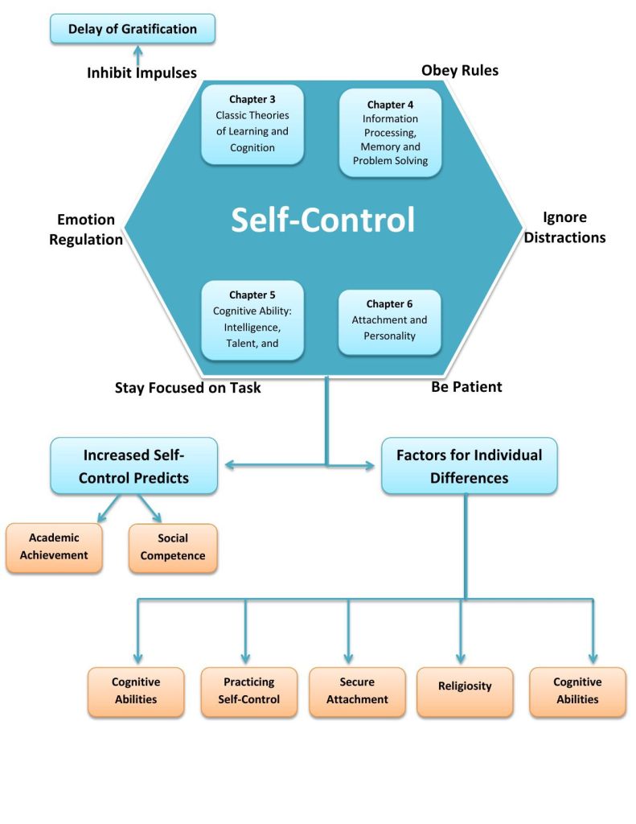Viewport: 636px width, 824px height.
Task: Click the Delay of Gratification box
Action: (x=133, y=29)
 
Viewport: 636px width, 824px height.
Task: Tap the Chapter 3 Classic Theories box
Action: (x=252, y=125)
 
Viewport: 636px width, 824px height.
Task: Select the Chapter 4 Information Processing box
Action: (x=390, y=133)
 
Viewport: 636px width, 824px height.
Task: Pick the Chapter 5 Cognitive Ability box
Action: (x=252, y=320)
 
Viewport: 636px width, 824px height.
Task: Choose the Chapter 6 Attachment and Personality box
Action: (x=390, y=322)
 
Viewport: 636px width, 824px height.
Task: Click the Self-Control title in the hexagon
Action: (x=323, y=219)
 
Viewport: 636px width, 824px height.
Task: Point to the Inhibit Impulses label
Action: (x=142, y=72)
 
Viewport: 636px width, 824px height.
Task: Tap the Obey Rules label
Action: (x=460, y=71)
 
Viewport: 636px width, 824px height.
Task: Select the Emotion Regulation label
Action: (x=86, y=229)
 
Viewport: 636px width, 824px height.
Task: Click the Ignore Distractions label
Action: (x=564, y=227)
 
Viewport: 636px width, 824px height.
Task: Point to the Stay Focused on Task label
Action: (x=188, y=388)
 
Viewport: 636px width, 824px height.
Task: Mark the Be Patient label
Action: (x=466, y=387)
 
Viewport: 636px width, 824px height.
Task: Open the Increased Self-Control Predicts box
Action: (x=134, y=466)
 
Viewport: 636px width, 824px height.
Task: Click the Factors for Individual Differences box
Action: (x=469, y=466)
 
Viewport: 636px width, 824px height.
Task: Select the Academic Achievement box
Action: (x=54, y=547)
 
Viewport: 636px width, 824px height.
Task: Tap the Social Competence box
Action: (x=173, y=547)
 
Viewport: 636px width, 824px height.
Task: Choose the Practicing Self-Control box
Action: (x=249, y=691)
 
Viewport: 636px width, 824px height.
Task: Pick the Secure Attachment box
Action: (x=357, y=691)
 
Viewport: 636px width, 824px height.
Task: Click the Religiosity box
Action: (x=465, y=691)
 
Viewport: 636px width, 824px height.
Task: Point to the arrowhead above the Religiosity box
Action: (x=461, y=659)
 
